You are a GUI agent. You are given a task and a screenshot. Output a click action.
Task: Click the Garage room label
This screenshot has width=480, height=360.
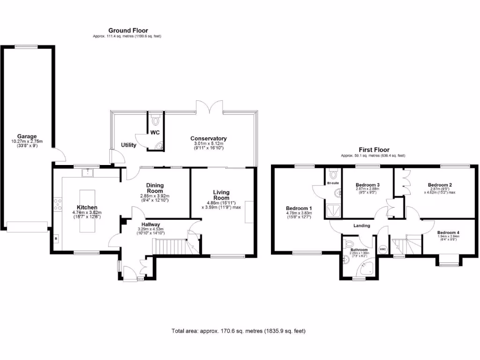click(x=27, y=136)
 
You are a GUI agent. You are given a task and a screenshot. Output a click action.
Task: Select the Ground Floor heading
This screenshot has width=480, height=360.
click(x=128, y=30)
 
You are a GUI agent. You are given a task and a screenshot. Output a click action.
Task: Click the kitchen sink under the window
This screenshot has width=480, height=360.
click(x=86, y=172)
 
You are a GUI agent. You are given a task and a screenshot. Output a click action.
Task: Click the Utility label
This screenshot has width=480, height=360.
click(x=128, y=145)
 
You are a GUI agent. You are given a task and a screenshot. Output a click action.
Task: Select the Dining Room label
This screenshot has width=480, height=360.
click(x=154, y=188)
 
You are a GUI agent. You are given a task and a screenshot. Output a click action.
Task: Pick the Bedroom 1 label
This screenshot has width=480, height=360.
click(x=299, y=208)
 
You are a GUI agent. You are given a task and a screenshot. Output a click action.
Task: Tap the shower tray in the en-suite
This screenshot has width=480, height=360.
click(x=334, y=210)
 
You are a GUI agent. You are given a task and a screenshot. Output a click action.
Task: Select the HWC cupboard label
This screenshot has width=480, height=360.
click(x=382, y=249)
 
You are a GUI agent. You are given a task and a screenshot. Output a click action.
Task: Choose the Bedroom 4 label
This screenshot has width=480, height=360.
click(x=448, y=232)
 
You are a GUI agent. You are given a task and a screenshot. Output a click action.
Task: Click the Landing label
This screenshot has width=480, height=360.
click(x=361, y=225)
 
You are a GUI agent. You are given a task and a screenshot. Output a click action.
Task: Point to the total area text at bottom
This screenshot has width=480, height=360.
click(x=239, y=331)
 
